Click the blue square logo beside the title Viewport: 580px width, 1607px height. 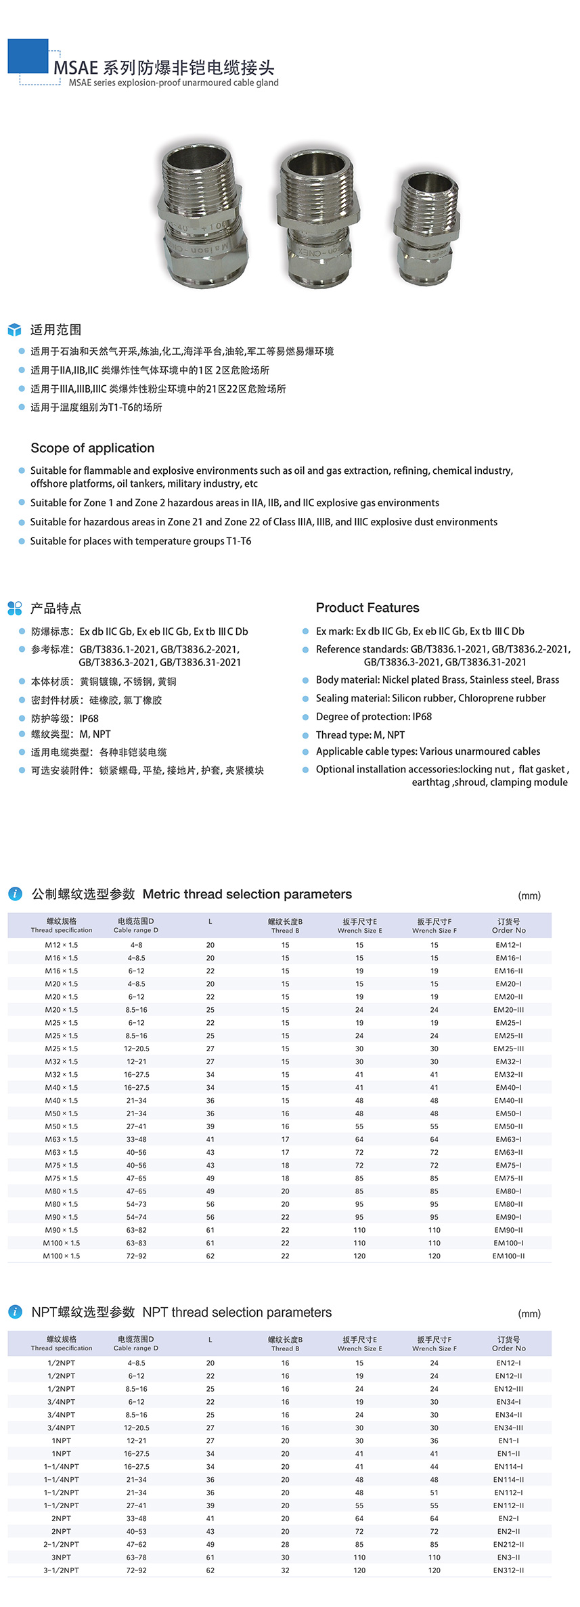tap(28, 56)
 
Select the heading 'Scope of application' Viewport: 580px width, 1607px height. tap(92, 448)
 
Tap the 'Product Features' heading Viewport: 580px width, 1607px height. tap(367, 608)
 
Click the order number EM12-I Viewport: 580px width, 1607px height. tap(508, 945)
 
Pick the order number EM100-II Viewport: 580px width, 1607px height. tap(508, 1256)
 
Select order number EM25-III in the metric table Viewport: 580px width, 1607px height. tap(508, 1049)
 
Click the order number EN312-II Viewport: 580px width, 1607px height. tap(508, 1570)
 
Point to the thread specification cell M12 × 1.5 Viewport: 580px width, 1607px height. tap(62, 945)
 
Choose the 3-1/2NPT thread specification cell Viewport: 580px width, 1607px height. tap(62, 1570)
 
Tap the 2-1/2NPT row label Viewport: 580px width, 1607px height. tap(62, 1544)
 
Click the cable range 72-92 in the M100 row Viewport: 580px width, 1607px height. tap(136, 1256)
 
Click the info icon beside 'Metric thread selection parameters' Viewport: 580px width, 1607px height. tap(15, 894)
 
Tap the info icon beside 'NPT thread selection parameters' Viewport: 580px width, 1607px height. tap(15, 1312)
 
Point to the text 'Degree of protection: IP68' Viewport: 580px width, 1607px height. tap(374, 716)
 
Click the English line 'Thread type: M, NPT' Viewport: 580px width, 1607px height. tap(360, 734)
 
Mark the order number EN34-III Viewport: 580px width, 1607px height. tap(508, 1428)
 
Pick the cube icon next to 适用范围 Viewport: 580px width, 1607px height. tap(14, 330)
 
